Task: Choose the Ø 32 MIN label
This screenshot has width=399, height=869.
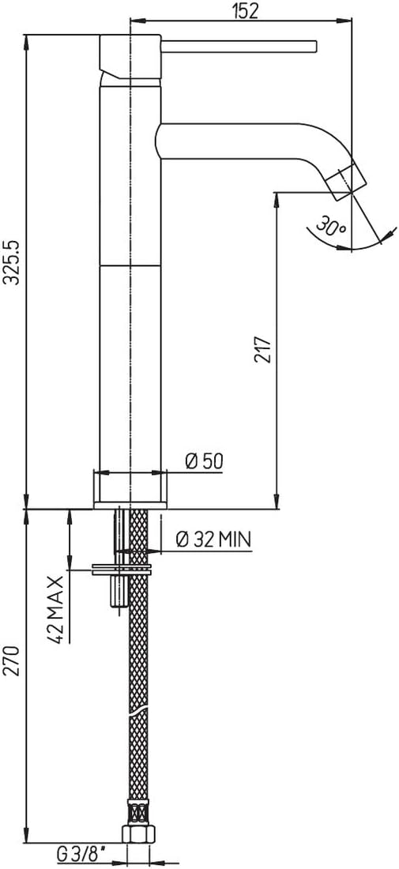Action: click(x=213, y=539)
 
